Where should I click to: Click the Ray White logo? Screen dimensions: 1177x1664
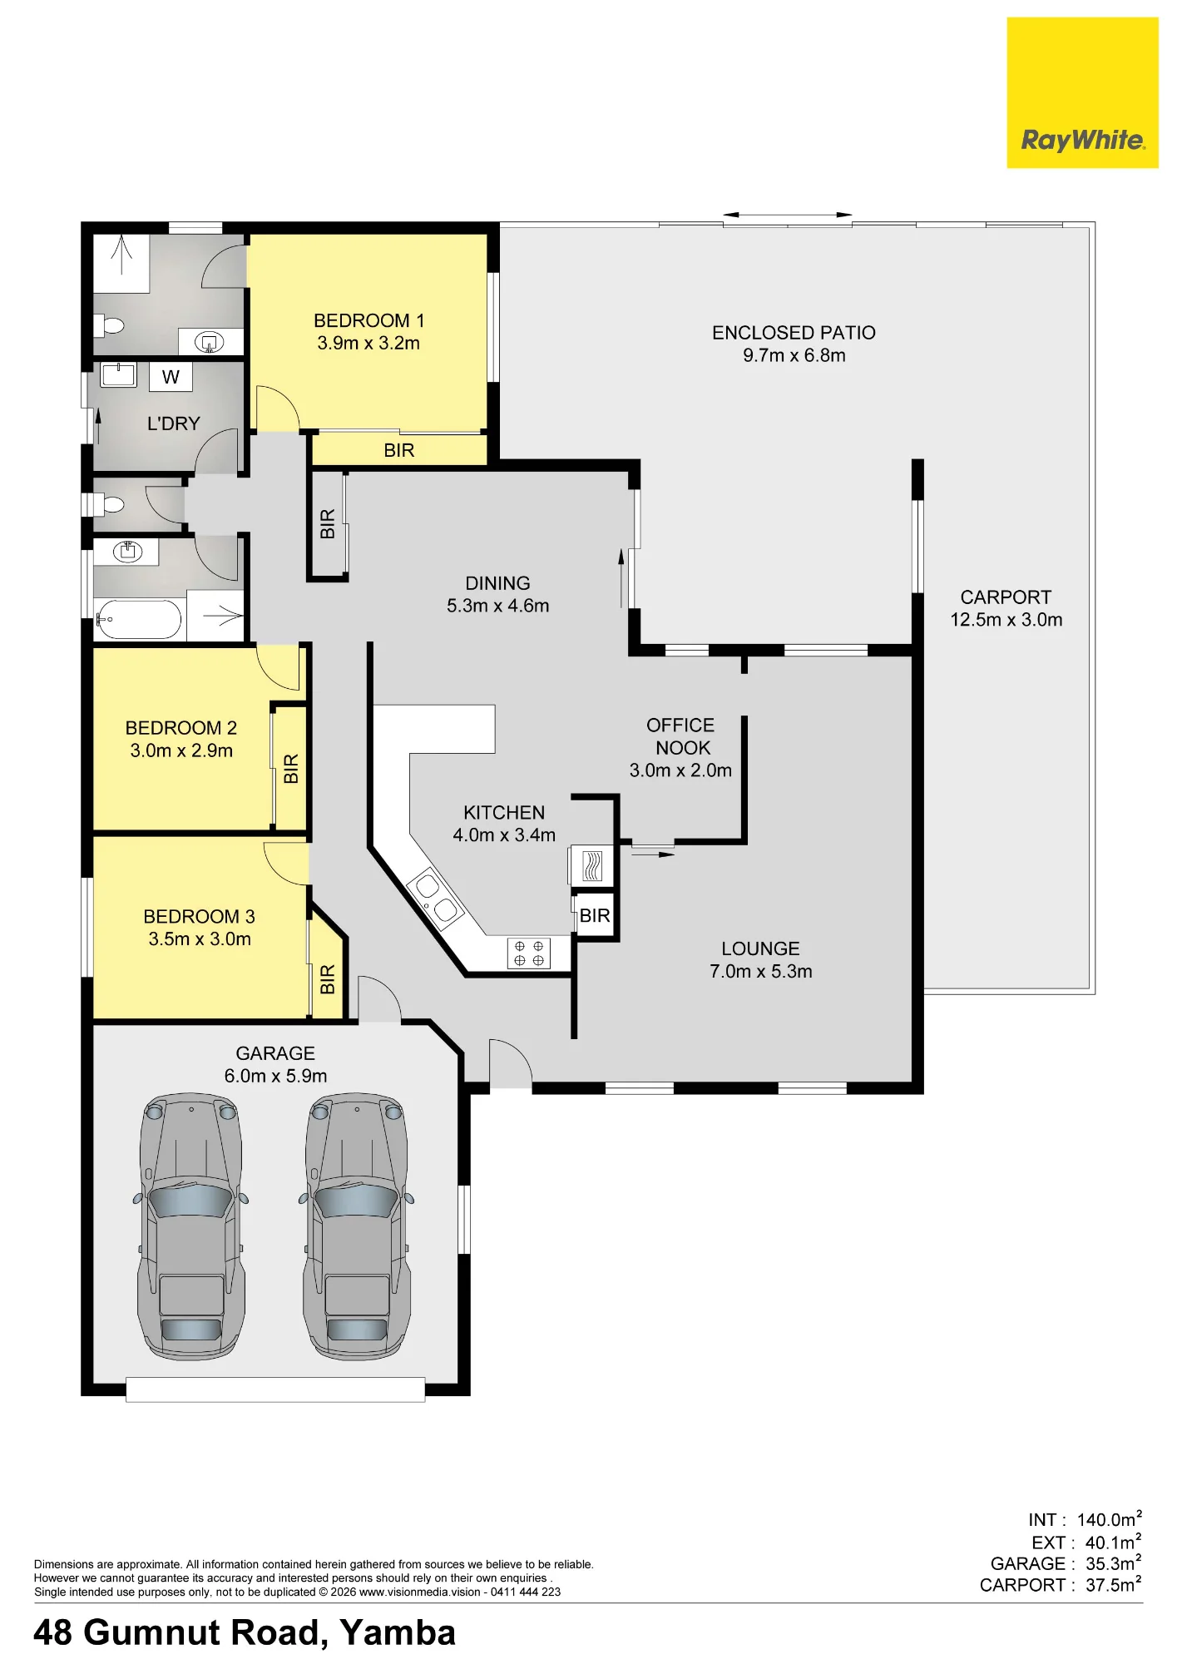coord(1082,92)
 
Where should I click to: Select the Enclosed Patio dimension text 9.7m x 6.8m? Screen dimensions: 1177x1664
coord(794,355)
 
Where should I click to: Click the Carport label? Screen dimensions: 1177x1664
coord(1006,597)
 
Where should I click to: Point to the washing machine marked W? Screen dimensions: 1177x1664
coord(171,377)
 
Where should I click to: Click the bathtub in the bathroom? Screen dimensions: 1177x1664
coord(138,619)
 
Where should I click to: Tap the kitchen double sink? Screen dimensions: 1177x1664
coord(436,899)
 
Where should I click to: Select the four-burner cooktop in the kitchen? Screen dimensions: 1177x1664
coord(529,953)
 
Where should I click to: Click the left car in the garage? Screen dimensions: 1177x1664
coord(190,1226)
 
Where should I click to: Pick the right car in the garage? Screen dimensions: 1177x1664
coord(357,1226)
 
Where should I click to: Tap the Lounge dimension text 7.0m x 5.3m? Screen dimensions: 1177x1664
coord(760,971)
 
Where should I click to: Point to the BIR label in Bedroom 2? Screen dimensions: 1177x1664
coord(291,768)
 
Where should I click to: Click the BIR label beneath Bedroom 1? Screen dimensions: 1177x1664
coord(399,450)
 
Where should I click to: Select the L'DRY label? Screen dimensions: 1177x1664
coord(173,423)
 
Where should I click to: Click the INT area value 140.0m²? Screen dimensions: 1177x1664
coord(1110,1519)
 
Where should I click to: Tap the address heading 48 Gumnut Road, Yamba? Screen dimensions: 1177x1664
coord(245,1633)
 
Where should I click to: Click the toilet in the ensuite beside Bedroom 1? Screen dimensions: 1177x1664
coord(109,324)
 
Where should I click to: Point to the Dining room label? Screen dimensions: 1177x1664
coord(497,583)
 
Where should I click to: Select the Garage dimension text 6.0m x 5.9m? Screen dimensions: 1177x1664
coord(275,1076)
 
